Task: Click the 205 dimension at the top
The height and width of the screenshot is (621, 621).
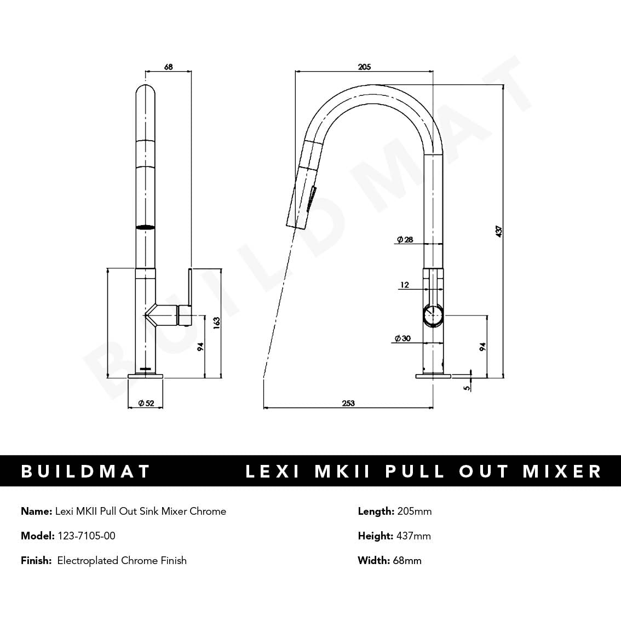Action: (364, 67)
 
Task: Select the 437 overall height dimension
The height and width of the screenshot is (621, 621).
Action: (498, 231)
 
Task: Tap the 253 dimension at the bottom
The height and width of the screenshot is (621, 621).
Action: (348, 404)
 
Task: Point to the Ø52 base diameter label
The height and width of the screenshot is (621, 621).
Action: (146, 404)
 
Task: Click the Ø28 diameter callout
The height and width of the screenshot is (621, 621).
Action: (405, 239)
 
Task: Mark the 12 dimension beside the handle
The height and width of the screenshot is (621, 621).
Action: (405, 285)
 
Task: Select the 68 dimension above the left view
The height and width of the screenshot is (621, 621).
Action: (168, 67)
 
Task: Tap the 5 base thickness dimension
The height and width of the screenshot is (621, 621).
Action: (466, 387)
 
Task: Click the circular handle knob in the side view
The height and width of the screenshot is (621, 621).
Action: (433, 316)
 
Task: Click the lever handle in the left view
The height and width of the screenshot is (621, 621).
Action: (189, 290)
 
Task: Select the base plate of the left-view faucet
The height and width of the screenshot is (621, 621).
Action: (146, 376)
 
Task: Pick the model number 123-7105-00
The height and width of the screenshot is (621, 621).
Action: (87, 536)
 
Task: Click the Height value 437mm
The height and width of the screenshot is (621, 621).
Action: (413, 536)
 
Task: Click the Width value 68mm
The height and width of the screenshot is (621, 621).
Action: (407, 560)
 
